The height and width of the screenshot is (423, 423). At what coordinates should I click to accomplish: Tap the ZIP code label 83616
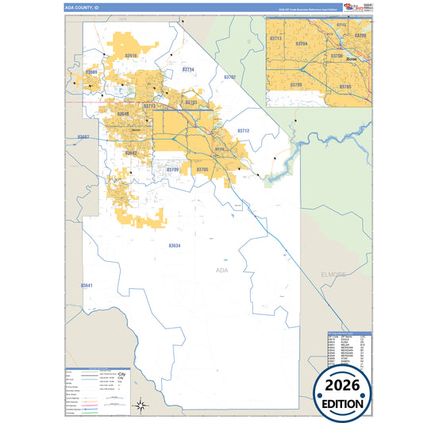pyautogui.click(x=131, y=56)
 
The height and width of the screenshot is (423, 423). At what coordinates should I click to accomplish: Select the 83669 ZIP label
pyautogui.click(x=91, y=72)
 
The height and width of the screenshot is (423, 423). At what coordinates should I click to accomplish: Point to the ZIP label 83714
pyautogui.click(x=188, y=70)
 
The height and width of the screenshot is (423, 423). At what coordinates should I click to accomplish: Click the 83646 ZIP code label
pyautogui.click(x=123, y=114)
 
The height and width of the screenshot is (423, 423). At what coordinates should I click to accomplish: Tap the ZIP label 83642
pyautogui.click(x=131, y=153)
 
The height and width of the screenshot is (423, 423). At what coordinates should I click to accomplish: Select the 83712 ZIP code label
pyautogui.click(x=244, y=130)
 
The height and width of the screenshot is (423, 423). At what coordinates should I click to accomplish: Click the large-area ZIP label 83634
pyautogui.click(x=175, y=245)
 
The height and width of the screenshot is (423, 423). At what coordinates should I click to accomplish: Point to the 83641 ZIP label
pyautogui.click(x=87, y=285)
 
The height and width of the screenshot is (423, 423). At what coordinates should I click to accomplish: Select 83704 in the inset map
pyautogui.click(x=301, y=44)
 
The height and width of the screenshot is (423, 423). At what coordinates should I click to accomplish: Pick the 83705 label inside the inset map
pyautogui.click(x=345, y=85)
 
